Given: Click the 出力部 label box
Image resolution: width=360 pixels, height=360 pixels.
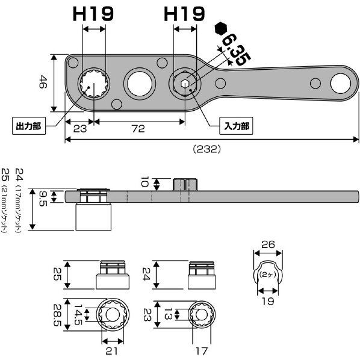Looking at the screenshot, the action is [29, 126].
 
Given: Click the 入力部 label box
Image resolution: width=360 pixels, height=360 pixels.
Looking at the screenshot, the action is [236, 126].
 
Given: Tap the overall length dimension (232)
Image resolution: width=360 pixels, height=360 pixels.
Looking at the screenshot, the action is [207, 149].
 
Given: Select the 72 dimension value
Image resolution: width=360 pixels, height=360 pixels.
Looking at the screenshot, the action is [138, 129].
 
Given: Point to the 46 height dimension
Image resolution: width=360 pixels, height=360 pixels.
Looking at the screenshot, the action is [43, 82].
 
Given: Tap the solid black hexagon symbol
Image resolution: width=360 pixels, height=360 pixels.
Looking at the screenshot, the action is [221, 29].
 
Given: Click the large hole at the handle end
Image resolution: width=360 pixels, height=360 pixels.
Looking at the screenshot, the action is [341, 83].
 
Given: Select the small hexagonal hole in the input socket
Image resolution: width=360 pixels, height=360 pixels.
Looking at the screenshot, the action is [184, 84].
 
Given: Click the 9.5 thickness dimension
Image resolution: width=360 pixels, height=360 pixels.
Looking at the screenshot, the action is [43, 199].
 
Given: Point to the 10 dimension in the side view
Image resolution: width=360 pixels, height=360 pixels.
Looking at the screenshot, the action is [145, 181].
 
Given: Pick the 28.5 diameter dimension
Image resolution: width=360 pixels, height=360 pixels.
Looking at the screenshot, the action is [58, 315].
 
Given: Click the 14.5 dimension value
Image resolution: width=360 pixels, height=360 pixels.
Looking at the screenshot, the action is [78, 315].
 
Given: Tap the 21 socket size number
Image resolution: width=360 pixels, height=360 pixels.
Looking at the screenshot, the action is [111, 350].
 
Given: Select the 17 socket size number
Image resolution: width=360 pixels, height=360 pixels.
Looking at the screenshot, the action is [202, 350].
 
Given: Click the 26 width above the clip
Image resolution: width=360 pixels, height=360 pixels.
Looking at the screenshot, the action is [268, 244].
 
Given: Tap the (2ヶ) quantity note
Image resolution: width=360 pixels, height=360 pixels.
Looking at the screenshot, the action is [267, 275].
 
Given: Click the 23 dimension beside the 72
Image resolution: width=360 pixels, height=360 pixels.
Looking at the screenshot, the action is [80, 129].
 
